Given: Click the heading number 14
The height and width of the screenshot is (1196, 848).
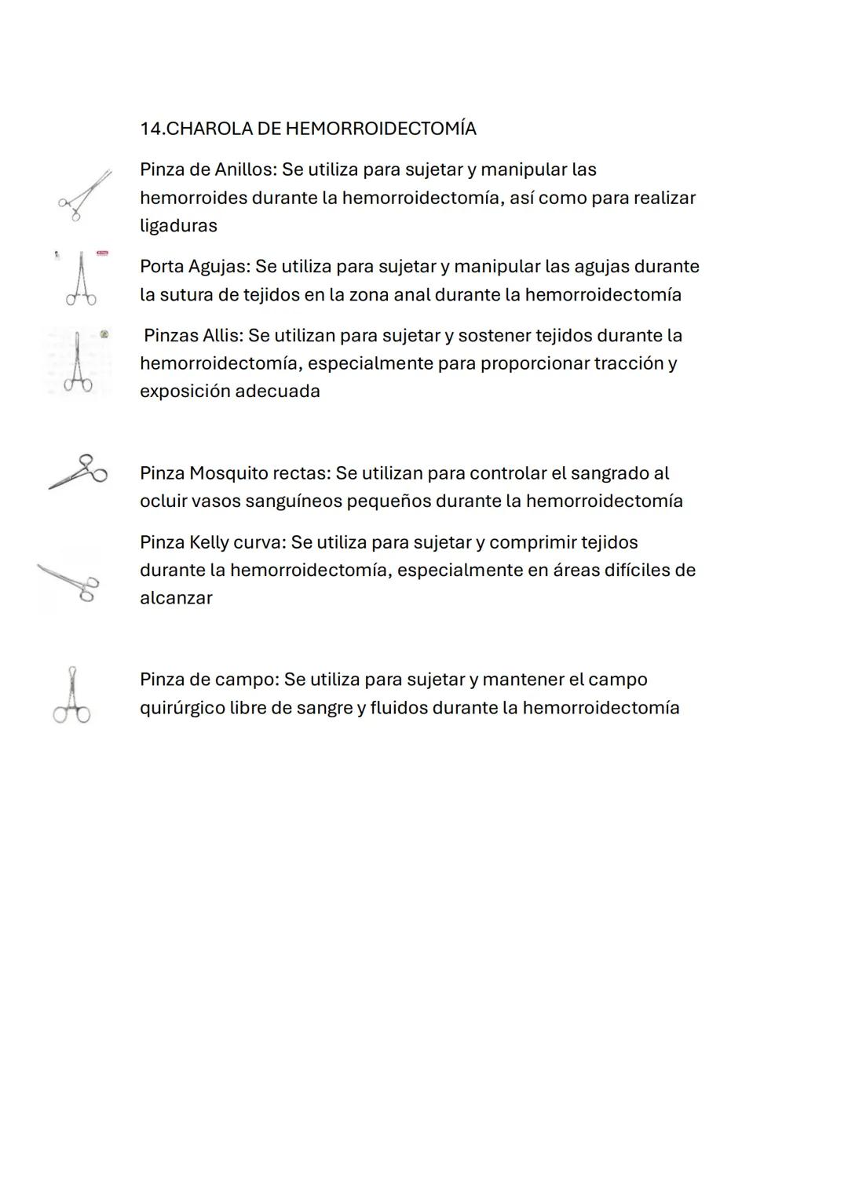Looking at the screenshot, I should pyautogui.click(x=150, y=129).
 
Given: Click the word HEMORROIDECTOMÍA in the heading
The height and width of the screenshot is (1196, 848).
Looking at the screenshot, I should pyautogui.click(x=380, y=129).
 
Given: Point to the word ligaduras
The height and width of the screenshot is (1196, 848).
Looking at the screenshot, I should pyautogui.click(x=178, y=226).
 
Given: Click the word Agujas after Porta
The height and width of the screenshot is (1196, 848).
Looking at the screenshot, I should pyautogui.click(x=217, y=267).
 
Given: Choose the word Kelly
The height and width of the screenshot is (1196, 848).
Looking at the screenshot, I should pyautogui.click(x=208, y=542).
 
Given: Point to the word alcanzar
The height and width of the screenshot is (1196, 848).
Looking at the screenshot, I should pyautogui.click(x=176, y=598).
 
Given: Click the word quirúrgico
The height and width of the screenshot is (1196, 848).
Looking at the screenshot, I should pyautogui.click(x=181, y=708).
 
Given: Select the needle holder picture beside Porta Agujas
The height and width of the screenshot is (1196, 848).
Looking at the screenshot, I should pyautogui.click(x=80, y=279).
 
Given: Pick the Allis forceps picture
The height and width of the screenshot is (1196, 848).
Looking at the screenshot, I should pyautogui.click(x=77, y=361).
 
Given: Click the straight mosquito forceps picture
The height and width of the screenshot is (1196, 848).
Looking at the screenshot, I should pyautogui.click(x=78, y=471).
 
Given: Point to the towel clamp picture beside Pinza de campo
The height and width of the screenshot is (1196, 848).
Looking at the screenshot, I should pyautogui.click(x=71, y=695).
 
